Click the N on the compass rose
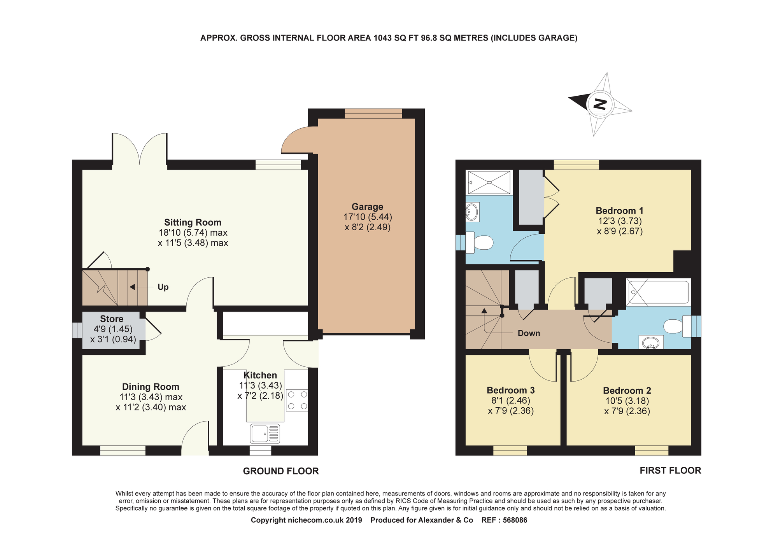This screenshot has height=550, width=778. tap(600, 104)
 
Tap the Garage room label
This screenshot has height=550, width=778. tap(367, 207)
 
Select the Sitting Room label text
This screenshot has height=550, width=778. tap(193, 222)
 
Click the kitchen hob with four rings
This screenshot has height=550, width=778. tap(297, 400)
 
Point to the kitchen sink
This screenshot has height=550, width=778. tap(265, 434)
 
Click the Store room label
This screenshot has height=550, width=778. tap(112, 319)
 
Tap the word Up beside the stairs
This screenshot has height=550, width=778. tap(163, 287)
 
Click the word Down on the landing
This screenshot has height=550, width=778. tap(529, 333)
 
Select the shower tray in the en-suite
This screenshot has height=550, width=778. tap(489, 182)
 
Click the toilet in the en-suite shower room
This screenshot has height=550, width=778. tap(480, 243)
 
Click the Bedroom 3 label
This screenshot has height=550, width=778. tap(510, 390)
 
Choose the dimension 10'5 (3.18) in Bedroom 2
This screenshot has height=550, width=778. tap(627, 401)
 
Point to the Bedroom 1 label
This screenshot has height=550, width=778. tap(619, 211)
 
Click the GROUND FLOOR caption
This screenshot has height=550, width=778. tap(280, 471)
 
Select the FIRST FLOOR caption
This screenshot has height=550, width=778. tap(670, 471)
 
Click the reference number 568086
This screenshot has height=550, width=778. tap(515, 520)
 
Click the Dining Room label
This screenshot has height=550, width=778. tap(151, 387)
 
